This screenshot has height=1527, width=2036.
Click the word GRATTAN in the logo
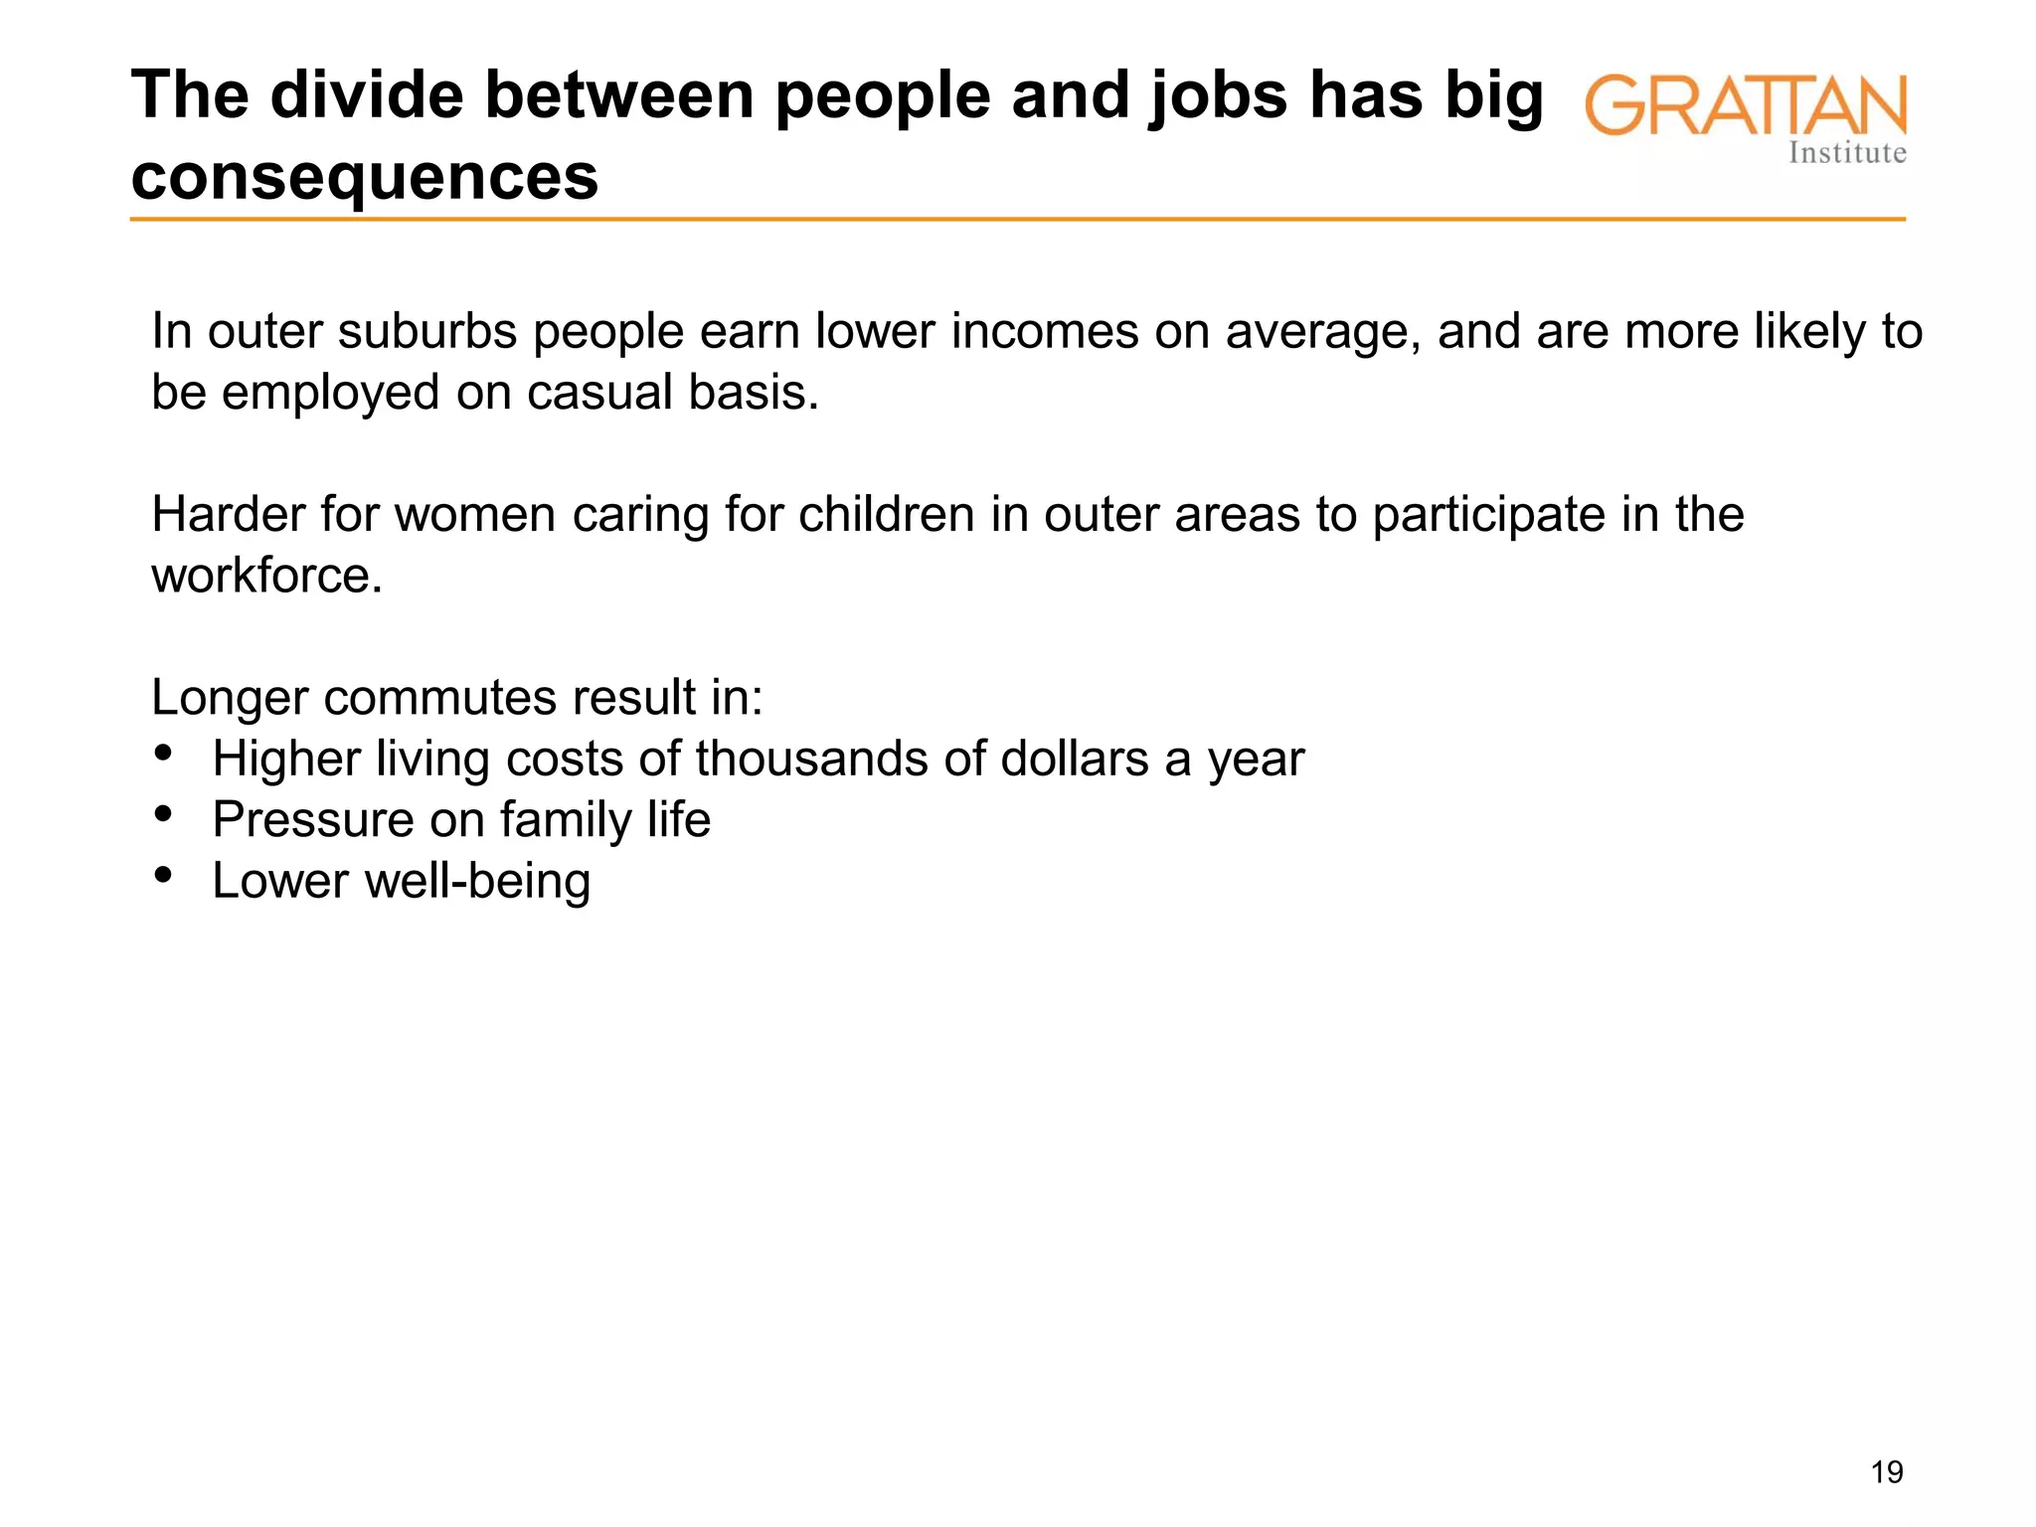1746,105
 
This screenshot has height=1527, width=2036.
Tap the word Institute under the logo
1847,153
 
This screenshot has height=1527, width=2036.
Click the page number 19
1887,1472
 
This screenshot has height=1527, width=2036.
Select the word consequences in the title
365,177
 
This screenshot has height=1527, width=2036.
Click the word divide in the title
364,95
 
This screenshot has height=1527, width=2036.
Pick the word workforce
266,576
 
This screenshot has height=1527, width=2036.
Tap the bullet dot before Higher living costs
164,753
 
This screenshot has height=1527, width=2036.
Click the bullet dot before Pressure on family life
164,814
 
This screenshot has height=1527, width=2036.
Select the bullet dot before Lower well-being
164,875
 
